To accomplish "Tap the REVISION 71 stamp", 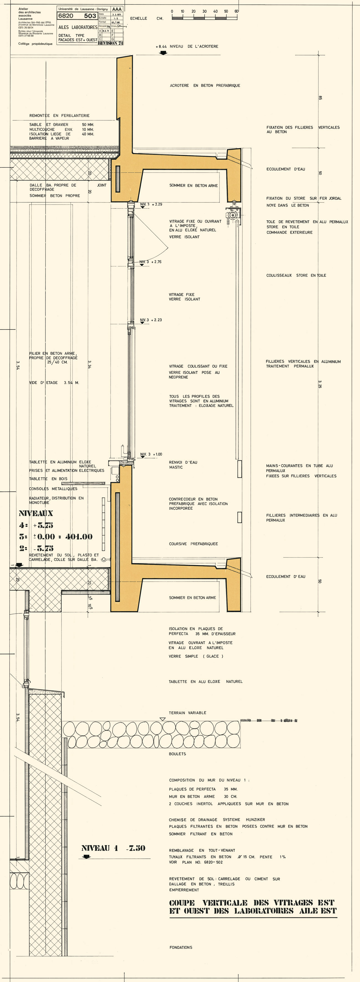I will [110, 43].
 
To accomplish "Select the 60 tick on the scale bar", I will [236, 11].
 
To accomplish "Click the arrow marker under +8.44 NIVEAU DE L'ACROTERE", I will [163, 53].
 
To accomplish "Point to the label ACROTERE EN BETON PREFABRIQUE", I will [205, 85].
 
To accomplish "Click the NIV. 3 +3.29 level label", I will [151, 204].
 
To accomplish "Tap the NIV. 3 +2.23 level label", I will [151, 320].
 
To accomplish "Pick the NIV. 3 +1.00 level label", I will [151, 454].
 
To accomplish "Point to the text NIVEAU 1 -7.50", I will [113, 848].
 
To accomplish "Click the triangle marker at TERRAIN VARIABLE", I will [162, 719].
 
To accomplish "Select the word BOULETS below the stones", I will [177, 754].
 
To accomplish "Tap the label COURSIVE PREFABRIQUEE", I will [193, 544].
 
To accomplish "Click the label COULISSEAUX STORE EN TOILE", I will [296, 275].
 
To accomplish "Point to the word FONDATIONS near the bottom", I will [181, 947].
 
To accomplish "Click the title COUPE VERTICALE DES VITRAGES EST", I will [252, 903].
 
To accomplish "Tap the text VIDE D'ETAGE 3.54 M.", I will [54, 382].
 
